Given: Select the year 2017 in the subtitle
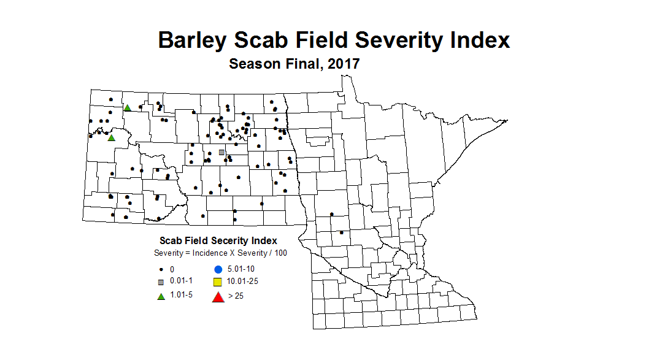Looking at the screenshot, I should coord(344,63).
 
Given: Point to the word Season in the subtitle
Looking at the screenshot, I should coord(253,63).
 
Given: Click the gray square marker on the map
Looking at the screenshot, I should coord(221,152).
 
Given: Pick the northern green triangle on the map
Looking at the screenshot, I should coord(128,108).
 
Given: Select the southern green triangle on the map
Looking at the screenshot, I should coord(111,138).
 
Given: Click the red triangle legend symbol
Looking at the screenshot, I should coord(217,297).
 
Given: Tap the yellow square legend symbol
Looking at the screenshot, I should coord(217,283).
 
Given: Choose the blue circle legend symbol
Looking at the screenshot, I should coord(217,269).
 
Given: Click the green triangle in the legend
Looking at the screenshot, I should coord(161,297).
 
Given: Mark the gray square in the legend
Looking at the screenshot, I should coord(161,282).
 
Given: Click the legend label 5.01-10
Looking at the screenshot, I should coord(240,269).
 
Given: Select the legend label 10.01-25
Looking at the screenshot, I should coord(242,282).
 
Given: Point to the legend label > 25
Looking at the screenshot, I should coord(236,297).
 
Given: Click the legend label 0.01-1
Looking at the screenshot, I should coord(181,281).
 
